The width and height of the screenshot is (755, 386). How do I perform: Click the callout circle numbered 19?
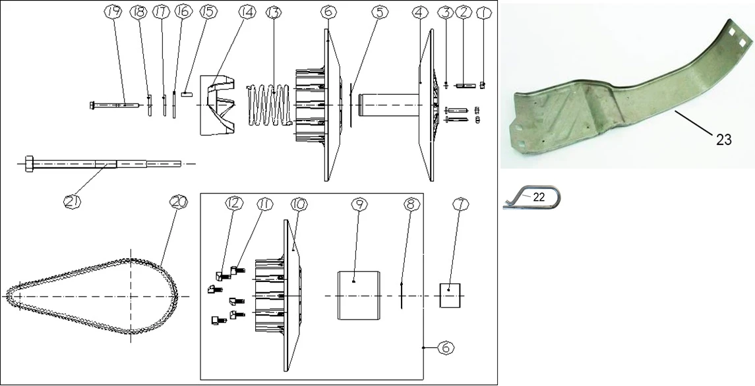[113, 13]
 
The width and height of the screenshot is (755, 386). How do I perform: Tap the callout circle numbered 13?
[272, 13]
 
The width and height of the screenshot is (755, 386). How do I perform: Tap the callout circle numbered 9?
[359, 205]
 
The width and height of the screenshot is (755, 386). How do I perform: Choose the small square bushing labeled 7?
[450, 296]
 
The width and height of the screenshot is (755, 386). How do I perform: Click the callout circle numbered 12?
[233, 205]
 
